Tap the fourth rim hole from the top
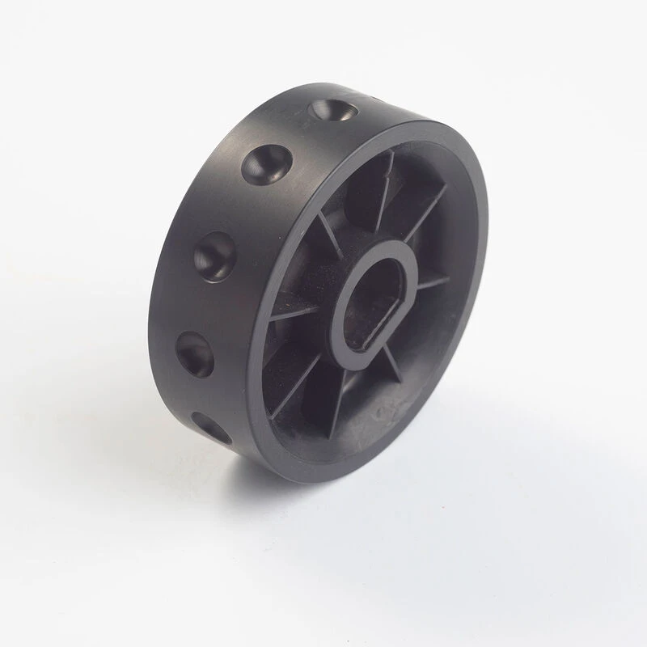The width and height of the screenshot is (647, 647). (194, 353)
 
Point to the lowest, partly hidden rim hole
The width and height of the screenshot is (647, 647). (211, 427)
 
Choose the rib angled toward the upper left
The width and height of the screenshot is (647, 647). (328, 235)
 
